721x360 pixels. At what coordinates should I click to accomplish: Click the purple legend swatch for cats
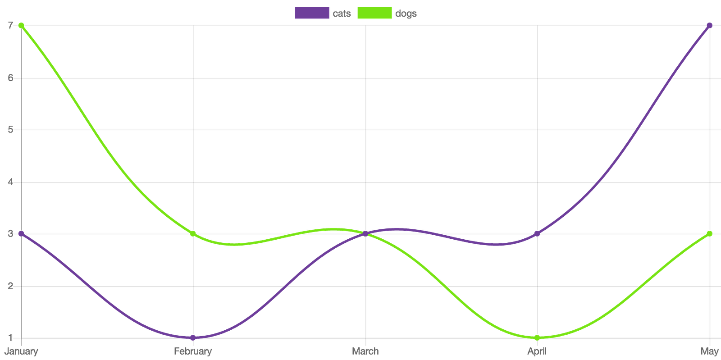pyautogui.click(x=311, y=13)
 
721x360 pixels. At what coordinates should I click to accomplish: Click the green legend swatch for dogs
pyautogui.click(x=374, y=13)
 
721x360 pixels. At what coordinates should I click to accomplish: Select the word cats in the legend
pyautogui.click(x=342, y=14)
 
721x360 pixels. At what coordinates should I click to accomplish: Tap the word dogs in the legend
pyautogui.click(x=406, y=14)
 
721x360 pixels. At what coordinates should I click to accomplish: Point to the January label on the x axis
pyautogui.click(x=21, y=351)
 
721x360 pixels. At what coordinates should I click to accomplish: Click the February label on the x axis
pyautogui.click(x=193, y=351)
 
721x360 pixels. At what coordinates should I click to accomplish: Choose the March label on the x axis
pyautogui.click(x=365, y=351)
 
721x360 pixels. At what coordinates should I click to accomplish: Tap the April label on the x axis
pyautogui.click(x=537, y=351)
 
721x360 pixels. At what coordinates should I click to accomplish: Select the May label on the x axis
pyautogui.click(x=709, y=351)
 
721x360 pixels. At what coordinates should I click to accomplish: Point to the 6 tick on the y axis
pyautogui.click(x=10, y=77)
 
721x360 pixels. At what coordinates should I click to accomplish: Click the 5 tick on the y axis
pyautogui.click(x=10, y=129)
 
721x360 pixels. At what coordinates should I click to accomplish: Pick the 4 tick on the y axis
pyautogui.click(x=10, y=182)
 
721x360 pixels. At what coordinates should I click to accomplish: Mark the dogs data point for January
pyautogui.click(x=21, y=25)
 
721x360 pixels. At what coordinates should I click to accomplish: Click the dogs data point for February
pyautogui.click(x=193, y=233)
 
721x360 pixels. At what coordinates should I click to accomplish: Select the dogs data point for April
pyautogui.click(x=537, y=337)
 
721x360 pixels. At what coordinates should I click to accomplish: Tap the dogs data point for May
pyautogui.click(x=709, y=233)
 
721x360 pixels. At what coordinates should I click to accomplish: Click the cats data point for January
pyautogui.click(x=21, y=233)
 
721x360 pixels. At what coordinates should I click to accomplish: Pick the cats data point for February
pyautogui.click(x=193, y=337)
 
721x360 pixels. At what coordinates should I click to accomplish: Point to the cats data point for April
pyautogui.click(x=537, y=233)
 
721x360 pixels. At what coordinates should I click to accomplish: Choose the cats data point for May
pyautogui.click(x=709, y=25)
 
